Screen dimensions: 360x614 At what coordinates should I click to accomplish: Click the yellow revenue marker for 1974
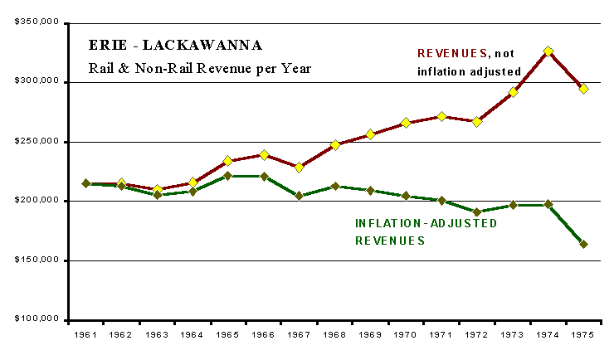click(x=548, y=51)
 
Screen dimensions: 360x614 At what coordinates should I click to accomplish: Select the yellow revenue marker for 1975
click(x=583, y=89)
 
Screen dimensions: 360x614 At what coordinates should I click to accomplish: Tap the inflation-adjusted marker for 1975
click(x=583, y=244)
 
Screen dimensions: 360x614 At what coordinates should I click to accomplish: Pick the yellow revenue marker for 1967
click(x=300, y=167)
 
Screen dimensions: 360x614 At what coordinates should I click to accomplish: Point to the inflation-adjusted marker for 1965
click(x=227, y=176)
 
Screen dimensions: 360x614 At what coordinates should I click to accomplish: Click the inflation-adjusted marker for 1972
click(x=477, y=212)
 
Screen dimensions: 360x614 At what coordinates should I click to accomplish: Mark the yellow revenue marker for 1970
click(x=406, y=123)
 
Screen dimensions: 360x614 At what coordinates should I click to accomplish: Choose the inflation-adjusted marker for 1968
click(x=334, y=187)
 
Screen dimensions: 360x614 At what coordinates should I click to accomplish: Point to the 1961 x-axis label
click(x=85, y=335)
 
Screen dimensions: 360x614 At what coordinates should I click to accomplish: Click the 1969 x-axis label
click(x=370, y=335)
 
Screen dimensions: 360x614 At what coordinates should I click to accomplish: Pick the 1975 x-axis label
click(x=583, y=335)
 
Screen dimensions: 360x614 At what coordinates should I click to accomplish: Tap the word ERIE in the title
click(x=103, y=45)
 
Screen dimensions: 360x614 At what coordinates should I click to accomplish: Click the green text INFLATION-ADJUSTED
click(x=426, y=224)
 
